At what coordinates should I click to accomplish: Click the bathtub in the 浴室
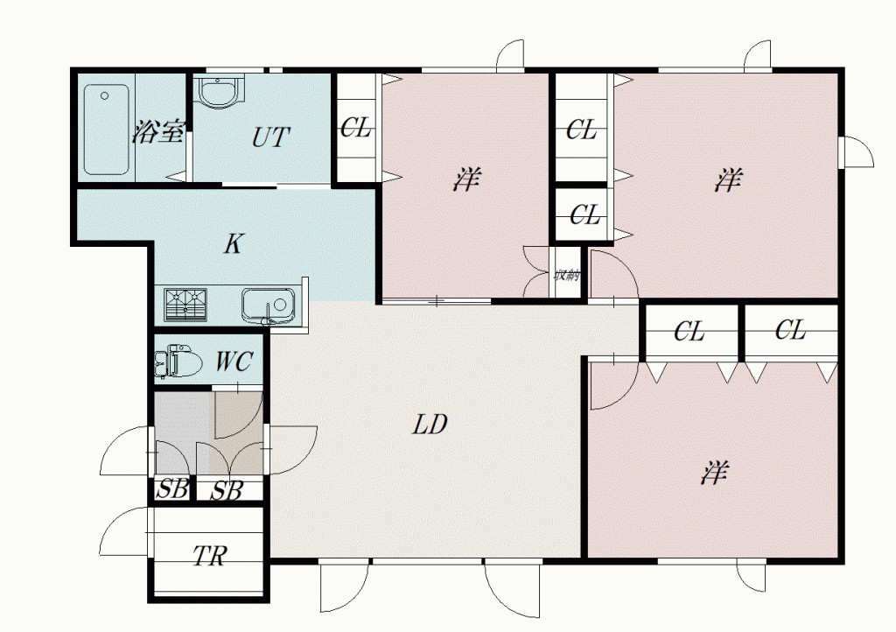(x=106, y=130)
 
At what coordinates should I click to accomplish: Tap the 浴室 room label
(x=158, y=132)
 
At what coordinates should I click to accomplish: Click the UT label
(x=270, y=137)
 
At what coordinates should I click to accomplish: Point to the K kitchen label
(x=233, y=244)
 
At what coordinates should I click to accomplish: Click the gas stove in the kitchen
(x=185, y=305)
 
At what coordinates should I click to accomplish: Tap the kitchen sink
(x=268, y=305)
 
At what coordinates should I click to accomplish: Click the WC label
(x=234, y=362)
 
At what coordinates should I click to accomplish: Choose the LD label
(x=429, y=425)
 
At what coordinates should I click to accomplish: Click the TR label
(x=210, y=556)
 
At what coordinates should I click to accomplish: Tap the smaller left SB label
(x=172, y=489)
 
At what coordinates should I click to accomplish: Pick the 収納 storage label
(x=567, y=275)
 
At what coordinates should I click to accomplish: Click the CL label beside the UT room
(x=355, y=128)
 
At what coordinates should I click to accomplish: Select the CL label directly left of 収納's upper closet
(x=584, y=215)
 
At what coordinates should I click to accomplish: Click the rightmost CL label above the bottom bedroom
(x=790, y=330)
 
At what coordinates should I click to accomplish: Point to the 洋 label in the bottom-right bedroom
(x=714, y=474)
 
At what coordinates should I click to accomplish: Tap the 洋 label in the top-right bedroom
(x=727, y=179)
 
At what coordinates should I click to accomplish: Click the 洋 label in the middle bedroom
(x=466, y=179)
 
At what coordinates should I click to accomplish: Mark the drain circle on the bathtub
(x=105, y=95)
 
